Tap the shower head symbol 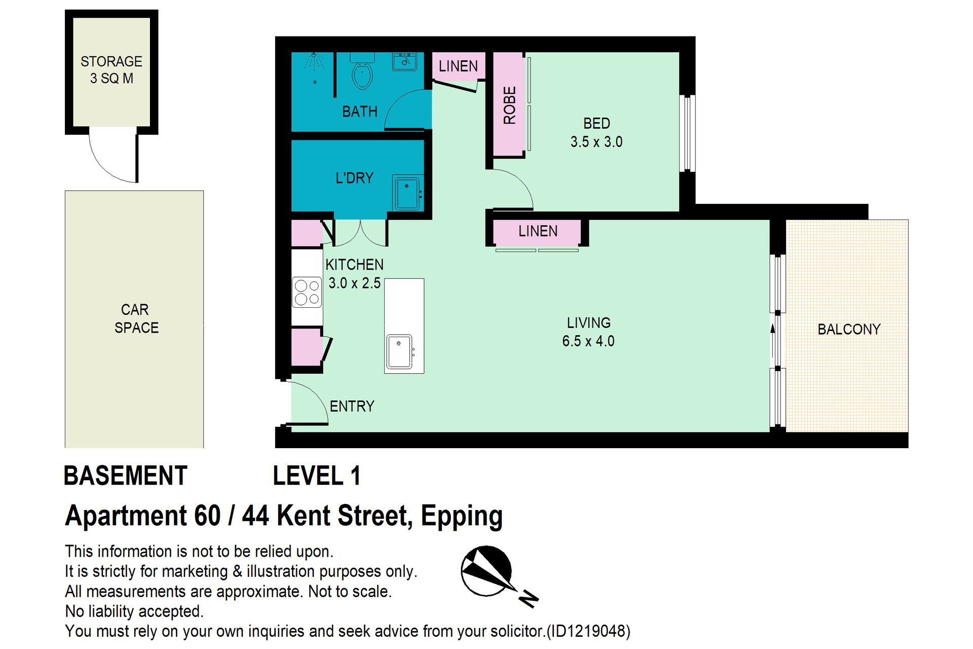tap(314, 61)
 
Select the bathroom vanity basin tap(404, 61)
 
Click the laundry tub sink tap(407, 193)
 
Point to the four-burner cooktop tap(307, 292)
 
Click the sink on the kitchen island tap(399, 351)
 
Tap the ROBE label tap(509, 105)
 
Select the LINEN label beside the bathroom tap(458, 66)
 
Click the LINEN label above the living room tap(538, 231)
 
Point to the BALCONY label tap(849, 330)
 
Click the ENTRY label tap(352, 406)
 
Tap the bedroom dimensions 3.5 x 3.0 tap(596, 142)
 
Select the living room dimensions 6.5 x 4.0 tap(588, 341)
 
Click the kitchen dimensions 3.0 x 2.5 tap(354, 283)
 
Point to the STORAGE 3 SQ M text tap(111, 70)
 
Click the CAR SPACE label tap(136, 319)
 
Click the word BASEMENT tap(126, 476)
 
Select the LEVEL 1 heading tap(317, 476)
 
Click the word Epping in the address tap(462, 517)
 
